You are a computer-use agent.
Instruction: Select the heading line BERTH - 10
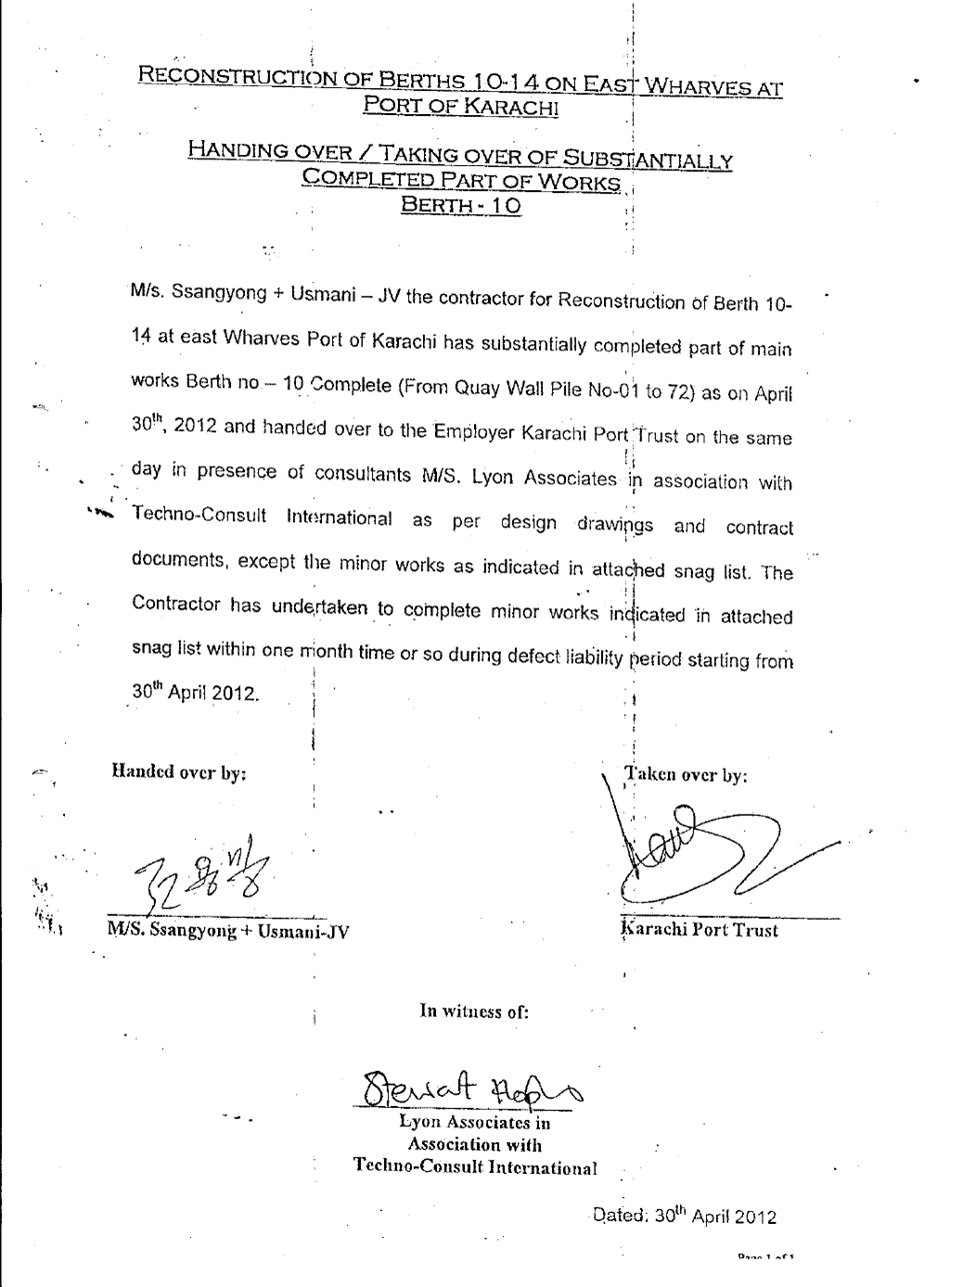pos(460,205)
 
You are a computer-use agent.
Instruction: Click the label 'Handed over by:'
pos(179,771)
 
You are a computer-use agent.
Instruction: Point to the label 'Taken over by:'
pos(687,775)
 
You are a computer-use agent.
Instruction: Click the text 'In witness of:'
pos(474,1011)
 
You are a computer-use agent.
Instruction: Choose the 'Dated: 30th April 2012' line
pos(684,1217)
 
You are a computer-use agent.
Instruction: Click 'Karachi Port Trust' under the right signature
pos(700,930)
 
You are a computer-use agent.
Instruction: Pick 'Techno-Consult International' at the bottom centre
pos(475,1167)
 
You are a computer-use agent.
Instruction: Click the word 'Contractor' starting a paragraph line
pos(176,605)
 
